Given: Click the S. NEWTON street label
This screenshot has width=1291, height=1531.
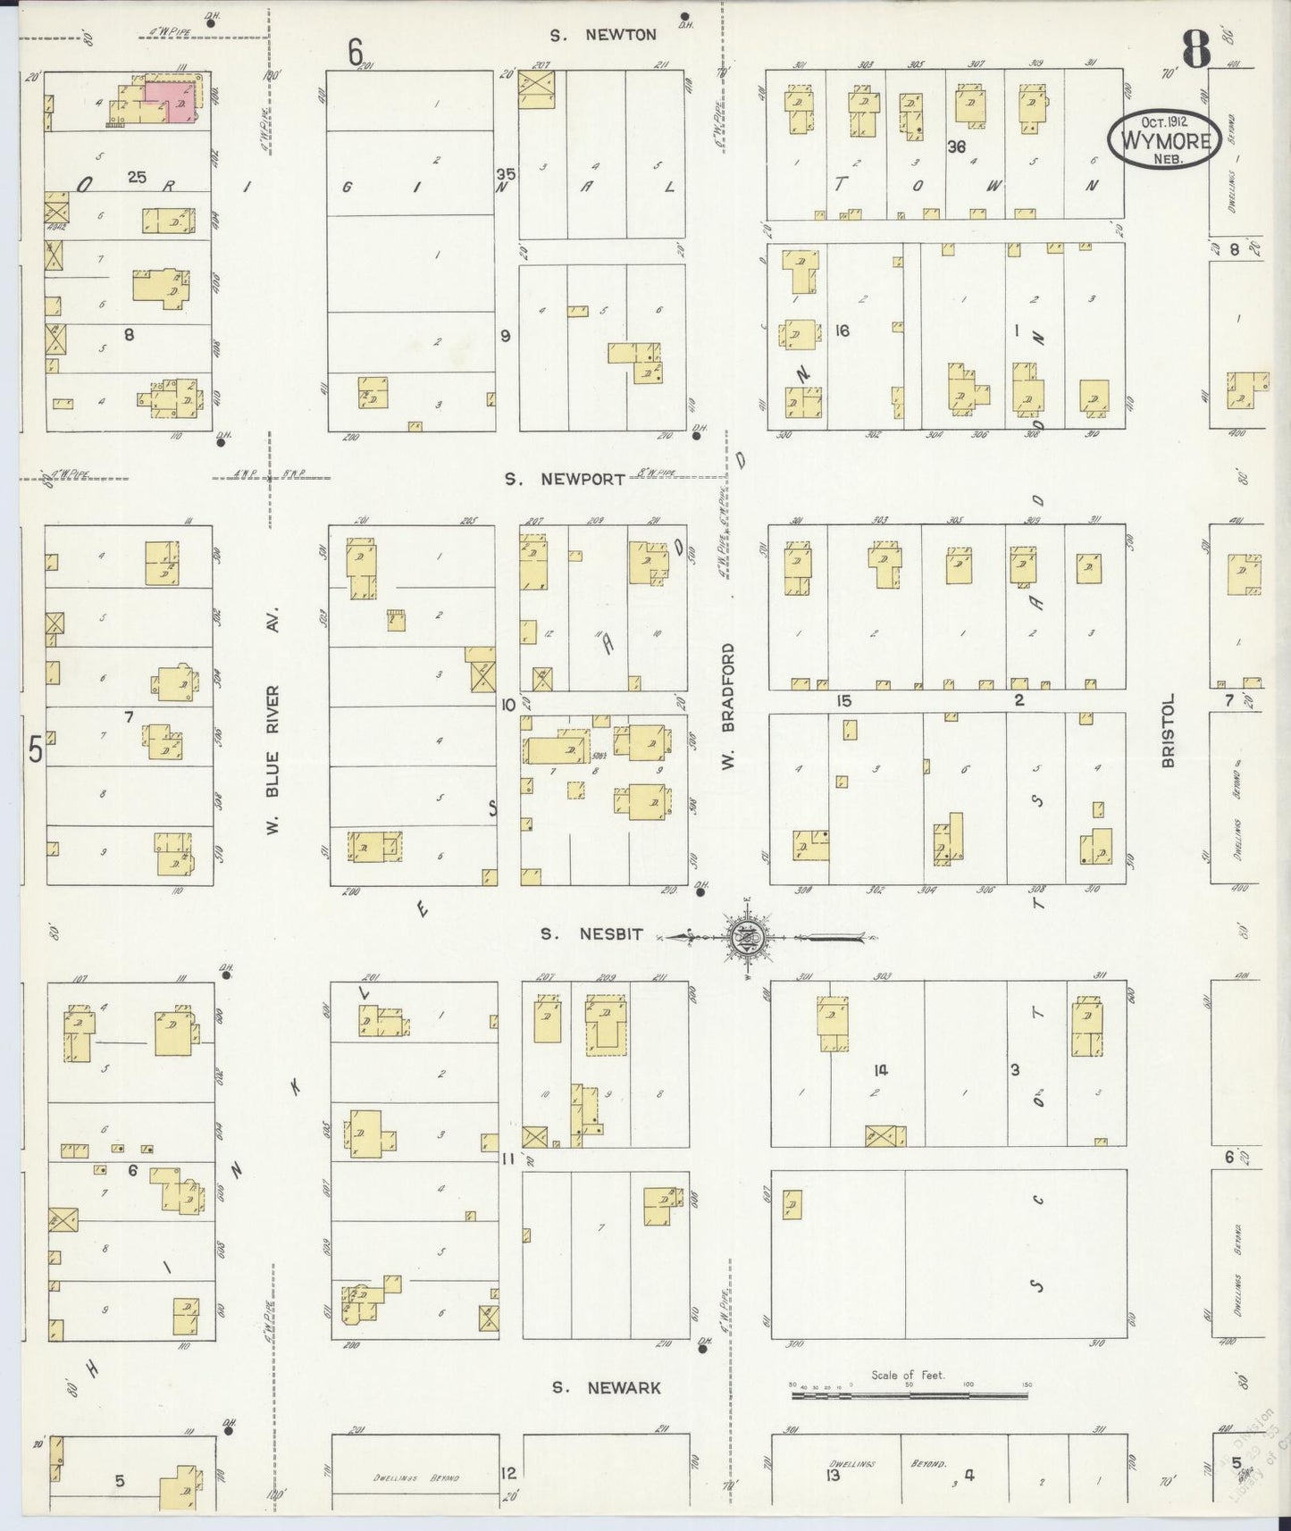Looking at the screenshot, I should point(603,36).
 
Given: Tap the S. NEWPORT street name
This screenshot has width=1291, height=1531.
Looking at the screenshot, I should point(565,480).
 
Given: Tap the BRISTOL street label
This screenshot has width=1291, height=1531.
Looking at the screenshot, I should point(1167,731).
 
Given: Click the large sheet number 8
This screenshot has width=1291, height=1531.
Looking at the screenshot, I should point(1195,49).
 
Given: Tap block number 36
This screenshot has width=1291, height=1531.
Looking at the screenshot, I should point(956,147).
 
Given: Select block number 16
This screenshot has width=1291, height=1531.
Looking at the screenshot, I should point(841,330).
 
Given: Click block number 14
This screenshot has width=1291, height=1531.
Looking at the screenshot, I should point(881,1069).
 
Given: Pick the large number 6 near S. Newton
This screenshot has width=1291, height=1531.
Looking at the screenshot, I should point(356,54).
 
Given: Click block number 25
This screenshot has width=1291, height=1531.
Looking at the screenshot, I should point(136,177).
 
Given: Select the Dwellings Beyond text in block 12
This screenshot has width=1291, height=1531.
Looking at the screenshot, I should point(416,1478).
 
